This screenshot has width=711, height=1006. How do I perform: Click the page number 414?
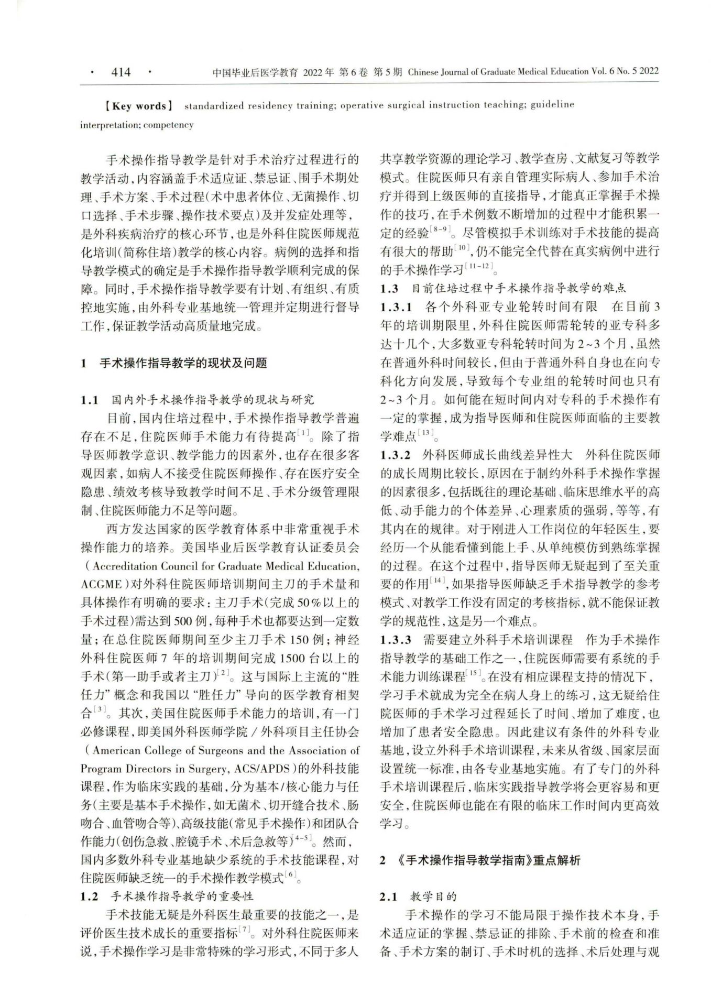(121, 72)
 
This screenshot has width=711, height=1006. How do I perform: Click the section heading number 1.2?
(90, 895)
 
